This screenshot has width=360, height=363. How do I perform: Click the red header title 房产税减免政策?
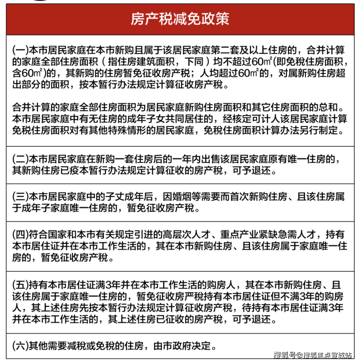[180, 19]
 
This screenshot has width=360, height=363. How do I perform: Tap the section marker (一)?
[20, 50]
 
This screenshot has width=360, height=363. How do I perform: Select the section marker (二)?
[20, 160]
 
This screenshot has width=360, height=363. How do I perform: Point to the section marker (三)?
[20, 197]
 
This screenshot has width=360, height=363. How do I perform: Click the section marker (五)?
[20, 284]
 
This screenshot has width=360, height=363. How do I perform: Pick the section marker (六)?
[20, 346]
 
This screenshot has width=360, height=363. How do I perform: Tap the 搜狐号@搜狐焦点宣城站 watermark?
[313, 354]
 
